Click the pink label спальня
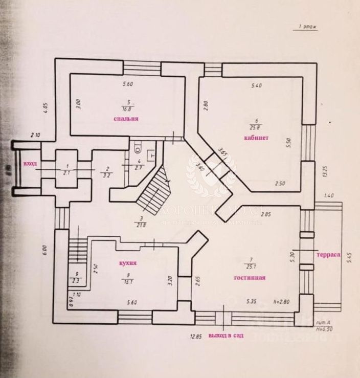pos(126,119)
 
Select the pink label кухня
pos(127,263)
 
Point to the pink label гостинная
pos(249,278)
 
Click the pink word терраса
pos(328,254)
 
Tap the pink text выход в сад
pos(222,336)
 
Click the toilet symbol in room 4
pos(137,149)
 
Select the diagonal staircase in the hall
pos(153,192)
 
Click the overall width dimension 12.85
pos(193,337)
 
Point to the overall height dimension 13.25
pos(324,169)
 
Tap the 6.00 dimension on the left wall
pos(44,249)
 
